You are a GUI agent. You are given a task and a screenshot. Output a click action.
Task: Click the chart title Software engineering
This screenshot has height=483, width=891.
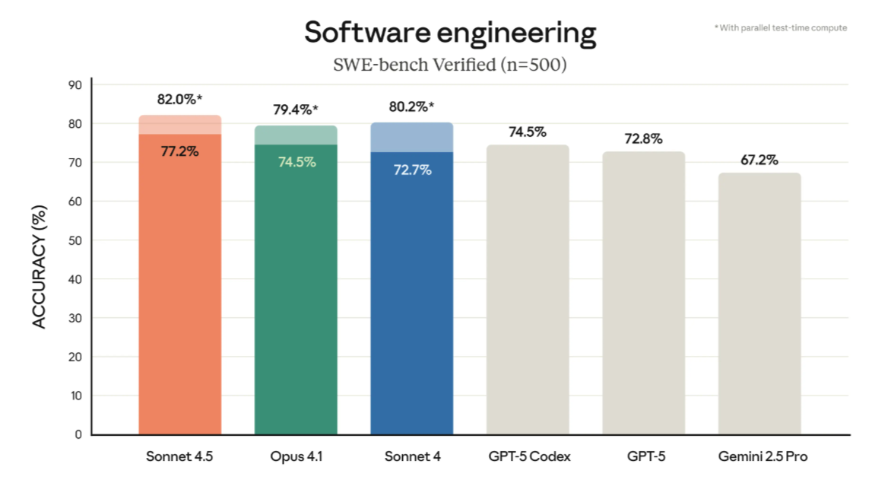[450, 33]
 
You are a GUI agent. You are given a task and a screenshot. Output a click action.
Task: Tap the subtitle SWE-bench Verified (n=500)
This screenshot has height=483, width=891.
[450, 65]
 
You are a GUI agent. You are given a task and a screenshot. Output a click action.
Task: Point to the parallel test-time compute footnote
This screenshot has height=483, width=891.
[781, 28]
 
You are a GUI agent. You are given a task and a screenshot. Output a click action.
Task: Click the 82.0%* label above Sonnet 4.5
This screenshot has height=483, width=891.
[179, 100]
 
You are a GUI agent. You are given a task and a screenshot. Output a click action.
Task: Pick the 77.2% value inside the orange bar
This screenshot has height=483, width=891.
[179, 151]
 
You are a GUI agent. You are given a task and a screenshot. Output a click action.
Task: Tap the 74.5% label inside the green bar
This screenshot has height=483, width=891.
[296, 162]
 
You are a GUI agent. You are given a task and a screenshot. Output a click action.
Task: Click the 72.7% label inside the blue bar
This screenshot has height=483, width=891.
[412, 170]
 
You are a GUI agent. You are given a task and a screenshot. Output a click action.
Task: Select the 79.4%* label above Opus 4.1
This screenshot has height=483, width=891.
[296, 110]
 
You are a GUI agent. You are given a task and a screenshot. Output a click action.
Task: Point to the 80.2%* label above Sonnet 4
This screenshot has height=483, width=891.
[412, 107]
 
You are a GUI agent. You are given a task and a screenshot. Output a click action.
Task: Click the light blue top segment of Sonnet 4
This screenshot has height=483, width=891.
[412, 138]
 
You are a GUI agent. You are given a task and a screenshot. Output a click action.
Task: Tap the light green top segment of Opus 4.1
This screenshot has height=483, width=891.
[296, 135]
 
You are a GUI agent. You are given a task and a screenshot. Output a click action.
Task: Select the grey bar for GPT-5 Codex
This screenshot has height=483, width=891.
[528, 289]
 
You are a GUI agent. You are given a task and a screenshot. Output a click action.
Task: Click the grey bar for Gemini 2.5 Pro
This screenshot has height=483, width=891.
[759, 304]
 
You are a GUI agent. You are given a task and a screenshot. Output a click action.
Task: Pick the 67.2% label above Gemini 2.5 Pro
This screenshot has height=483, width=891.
[759, 160]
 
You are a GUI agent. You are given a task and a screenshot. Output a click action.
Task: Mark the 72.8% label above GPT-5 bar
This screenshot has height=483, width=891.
[643, 139]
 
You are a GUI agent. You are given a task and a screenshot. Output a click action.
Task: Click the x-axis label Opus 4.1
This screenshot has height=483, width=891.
[296, 457]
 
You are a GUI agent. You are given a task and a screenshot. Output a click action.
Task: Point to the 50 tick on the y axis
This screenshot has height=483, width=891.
[76, 240]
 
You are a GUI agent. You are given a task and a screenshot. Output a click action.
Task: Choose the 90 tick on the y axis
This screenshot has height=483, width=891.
[76, 85]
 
